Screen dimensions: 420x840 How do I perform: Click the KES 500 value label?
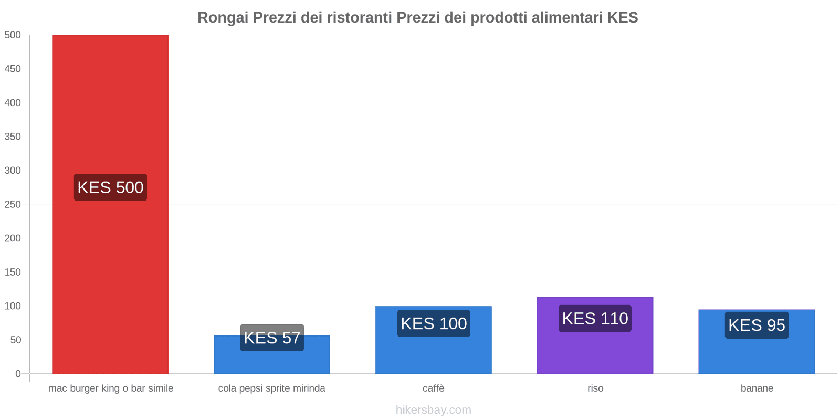coord(110,187)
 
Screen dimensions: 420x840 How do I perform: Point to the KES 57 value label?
coord(272,338)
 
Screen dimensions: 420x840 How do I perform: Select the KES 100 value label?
coord(434,323)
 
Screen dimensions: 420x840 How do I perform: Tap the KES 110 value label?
coord(595,319)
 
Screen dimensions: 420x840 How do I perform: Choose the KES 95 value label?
coord(757,325)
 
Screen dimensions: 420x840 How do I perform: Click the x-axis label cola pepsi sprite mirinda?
coord(271,388)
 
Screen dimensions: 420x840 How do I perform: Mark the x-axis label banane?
coord(757,388)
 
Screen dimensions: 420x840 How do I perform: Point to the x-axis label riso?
coord(595,388)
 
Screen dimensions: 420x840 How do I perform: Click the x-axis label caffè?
coord(434,388)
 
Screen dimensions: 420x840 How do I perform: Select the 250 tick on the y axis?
coord(13,204)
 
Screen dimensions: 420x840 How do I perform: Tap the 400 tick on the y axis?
coord(13,103)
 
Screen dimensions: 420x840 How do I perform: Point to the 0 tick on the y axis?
coord(18,374)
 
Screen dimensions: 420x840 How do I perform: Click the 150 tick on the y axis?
coord(13,272)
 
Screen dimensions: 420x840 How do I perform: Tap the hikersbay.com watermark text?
coord(434,410)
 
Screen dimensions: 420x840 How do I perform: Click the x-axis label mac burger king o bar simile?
coord(111,388)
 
